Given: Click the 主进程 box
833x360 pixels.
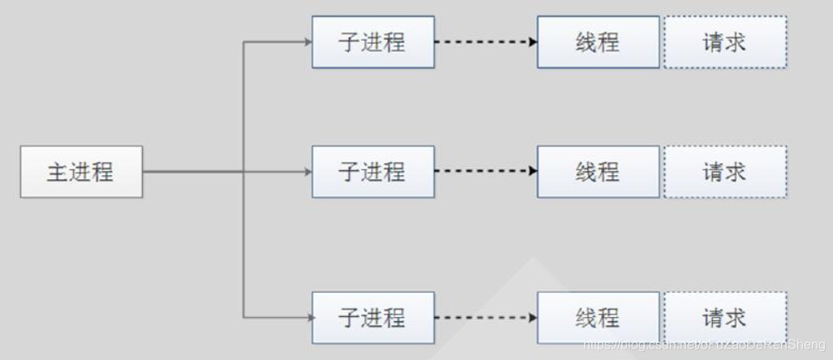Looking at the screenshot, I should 81,172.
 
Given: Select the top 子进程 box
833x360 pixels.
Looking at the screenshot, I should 372,41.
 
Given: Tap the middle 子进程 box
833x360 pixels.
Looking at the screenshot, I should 372,172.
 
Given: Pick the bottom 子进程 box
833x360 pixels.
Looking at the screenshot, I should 372,317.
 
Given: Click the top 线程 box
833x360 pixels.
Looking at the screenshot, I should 598,41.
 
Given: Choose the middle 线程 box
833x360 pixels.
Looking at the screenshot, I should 598,172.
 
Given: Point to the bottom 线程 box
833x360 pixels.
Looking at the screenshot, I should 598,317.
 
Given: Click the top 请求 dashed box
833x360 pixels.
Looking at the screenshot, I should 724,41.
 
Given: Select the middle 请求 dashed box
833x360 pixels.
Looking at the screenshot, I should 724,172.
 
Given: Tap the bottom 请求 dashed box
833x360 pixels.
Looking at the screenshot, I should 724,317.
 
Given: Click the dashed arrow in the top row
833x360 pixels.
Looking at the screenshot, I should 483,41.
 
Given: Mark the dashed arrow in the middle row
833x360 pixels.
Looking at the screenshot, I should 483,172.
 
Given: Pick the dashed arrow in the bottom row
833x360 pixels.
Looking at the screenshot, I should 483,317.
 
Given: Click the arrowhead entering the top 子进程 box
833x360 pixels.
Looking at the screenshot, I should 307,41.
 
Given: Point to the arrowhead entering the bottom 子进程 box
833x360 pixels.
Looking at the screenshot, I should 307,317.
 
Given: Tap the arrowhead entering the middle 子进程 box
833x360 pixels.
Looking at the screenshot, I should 307,172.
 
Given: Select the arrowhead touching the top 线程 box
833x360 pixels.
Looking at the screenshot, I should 533,41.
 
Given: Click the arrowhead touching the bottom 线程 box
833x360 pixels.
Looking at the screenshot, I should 533,317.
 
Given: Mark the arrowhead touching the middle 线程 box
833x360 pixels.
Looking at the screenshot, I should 533,172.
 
